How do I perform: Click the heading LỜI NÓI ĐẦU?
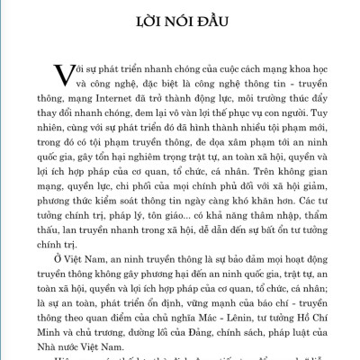179,20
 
